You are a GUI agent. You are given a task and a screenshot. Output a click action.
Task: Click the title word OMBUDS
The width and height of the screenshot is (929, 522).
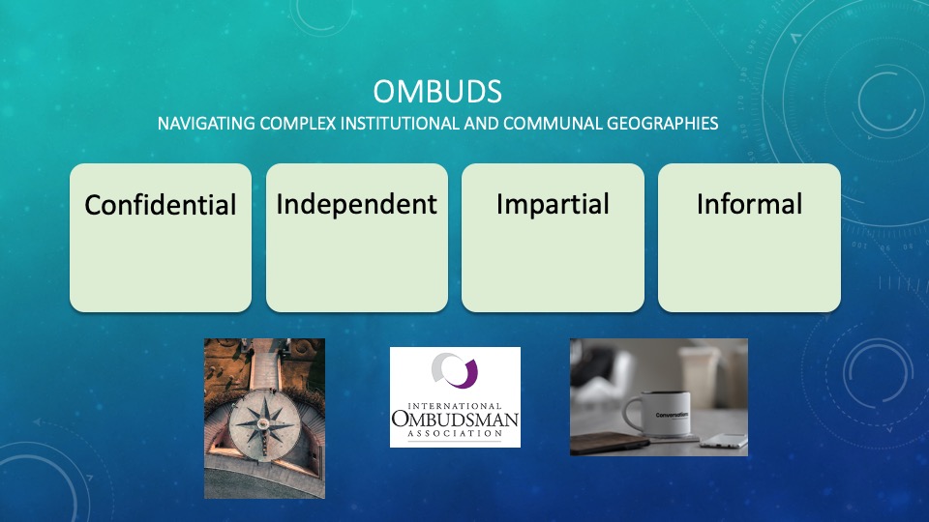437,92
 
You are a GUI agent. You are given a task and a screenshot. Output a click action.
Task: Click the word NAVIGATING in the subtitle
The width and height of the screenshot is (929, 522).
206,123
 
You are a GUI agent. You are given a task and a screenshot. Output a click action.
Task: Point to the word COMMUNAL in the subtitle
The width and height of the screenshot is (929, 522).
553,123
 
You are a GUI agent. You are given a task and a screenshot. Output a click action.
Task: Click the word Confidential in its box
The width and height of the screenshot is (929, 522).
161,205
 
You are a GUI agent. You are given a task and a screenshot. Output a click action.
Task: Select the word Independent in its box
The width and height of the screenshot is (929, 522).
357,205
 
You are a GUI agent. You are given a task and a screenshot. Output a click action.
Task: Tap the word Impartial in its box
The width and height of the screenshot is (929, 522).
553,205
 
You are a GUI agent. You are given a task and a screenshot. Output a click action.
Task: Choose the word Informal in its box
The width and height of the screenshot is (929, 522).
749,204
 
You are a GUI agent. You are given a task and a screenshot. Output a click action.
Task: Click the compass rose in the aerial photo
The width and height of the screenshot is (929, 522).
262,423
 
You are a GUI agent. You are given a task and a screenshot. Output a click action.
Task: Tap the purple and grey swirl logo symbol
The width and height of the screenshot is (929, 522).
455,370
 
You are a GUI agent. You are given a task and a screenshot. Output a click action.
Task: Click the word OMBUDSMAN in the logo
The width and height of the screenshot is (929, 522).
455,420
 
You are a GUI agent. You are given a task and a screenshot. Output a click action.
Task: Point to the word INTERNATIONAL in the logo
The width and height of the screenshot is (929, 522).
455,406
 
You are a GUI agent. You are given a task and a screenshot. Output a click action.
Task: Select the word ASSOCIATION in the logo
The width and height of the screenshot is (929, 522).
455,433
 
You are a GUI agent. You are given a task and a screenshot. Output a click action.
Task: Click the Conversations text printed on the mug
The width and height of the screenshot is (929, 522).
673,415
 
